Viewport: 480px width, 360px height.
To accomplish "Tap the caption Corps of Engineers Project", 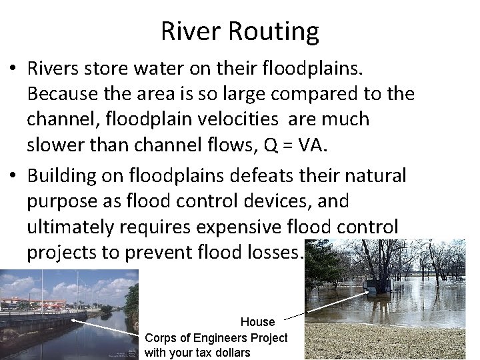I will click(216, 337).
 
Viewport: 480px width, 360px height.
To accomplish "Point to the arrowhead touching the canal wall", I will click(73, 319).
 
